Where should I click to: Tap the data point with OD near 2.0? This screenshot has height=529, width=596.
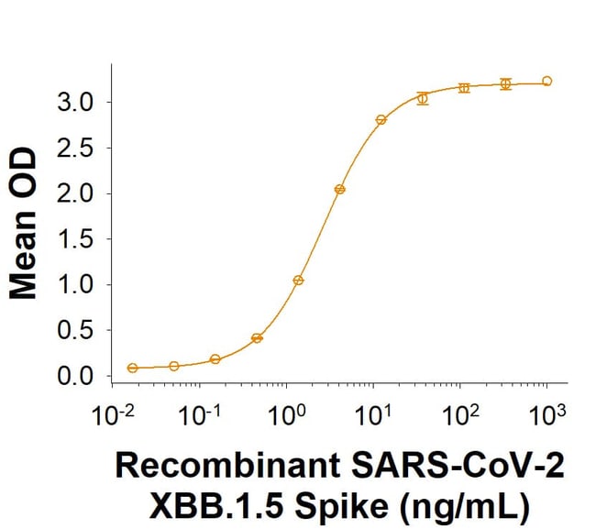(339, 189)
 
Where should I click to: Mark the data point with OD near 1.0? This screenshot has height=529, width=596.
(298, 281)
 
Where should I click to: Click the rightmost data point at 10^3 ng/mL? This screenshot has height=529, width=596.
(547, 81)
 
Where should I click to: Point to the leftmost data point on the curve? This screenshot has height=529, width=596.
(133, 368)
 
